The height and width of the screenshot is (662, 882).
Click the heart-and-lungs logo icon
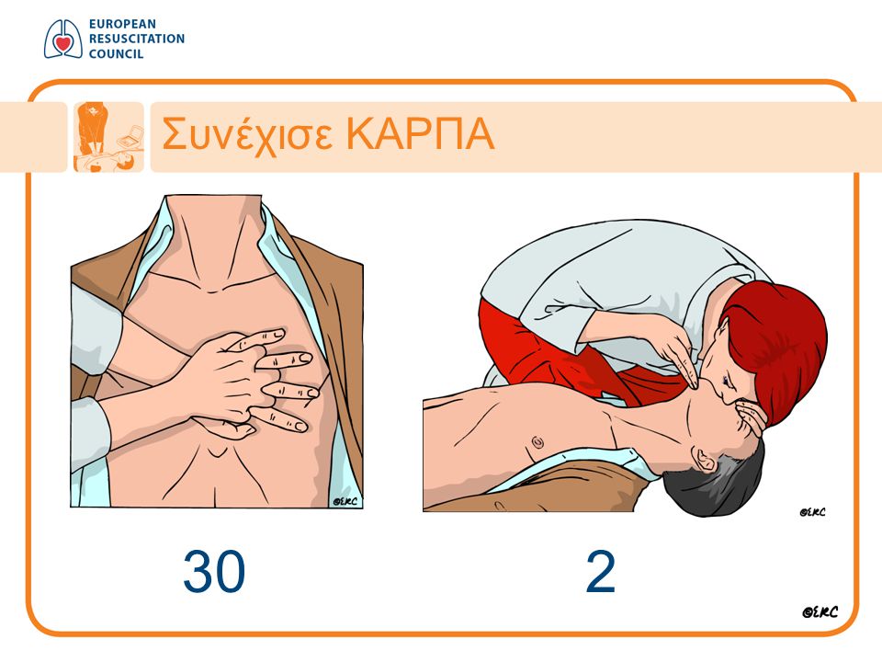pos(63,39)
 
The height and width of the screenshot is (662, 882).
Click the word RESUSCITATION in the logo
pos(137,39)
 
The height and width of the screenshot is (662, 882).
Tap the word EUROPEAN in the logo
pos(122,24)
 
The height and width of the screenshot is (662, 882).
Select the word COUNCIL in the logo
pos(116,54)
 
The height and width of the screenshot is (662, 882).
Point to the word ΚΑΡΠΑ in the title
pos(420,134)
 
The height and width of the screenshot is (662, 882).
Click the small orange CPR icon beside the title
pos(108,137)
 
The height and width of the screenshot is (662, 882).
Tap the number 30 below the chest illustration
pos(214,572)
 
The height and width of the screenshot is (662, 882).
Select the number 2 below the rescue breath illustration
pos(600,572)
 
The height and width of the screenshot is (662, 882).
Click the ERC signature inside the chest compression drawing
pos(345,501)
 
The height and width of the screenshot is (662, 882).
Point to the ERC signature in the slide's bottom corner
pos(820,612)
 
